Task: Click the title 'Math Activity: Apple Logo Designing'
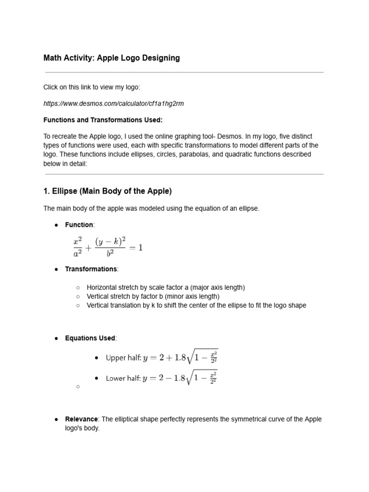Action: click(111, 58)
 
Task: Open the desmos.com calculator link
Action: click(113, 103)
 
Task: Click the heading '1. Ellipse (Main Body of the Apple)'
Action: click(107, 191)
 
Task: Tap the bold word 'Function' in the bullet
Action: click(79, 225)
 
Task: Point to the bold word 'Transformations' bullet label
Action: click(91, 269)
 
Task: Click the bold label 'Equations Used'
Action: click(90, 338)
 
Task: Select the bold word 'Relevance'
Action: click(81, 419)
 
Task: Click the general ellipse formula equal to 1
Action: click(108, 247)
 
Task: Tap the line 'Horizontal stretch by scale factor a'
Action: click(166, 287)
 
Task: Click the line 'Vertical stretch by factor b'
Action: click(153, 296)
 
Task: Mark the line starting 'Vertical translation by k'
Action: click(196, 306)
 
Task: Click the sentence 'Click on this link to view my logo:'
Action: click(92, 87)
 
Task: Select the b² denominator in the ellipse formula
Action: click(110, 256)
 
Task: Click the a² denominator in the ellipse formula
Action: click(77, 256)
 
